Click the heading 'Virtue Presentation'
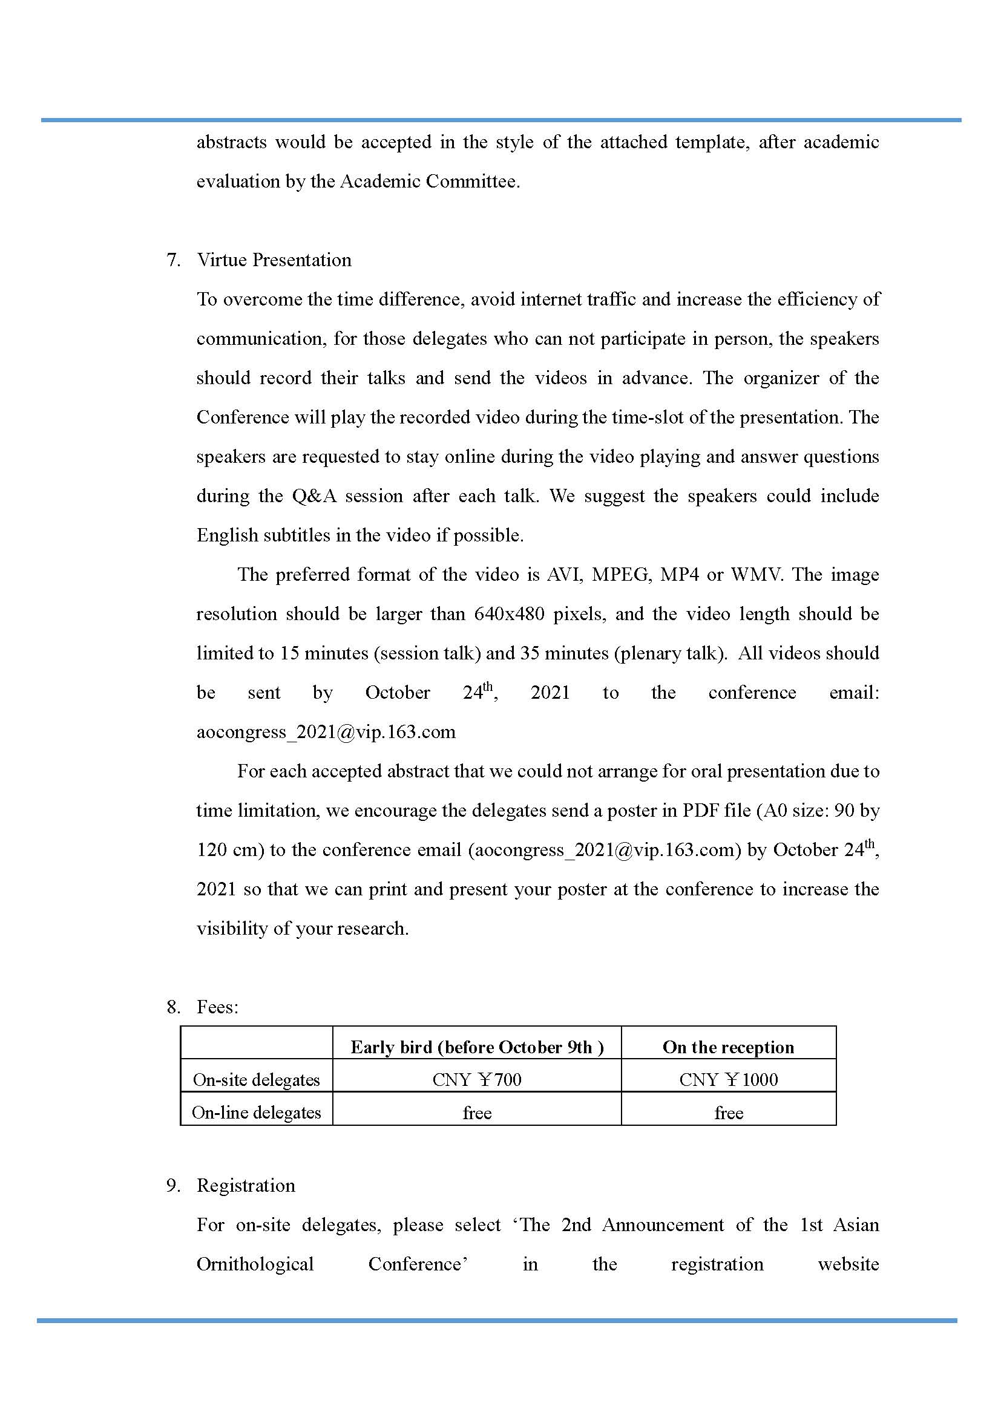coord(274,260)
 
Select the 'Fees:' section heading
coord(217,1007)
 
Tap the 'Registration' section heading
coord(245,1185)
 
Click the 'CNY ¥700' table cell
coord(476,1080)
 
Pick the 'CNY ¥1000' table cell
coord(728,1080)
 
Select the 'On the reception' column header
coord(728,1047)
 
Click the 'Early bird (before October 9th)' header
coord(476,1047)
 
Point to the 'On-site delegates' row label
coord(257,1080)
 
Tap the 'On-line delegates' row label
coord(257,1113)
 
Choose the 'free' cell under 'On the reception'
coord(728,1113)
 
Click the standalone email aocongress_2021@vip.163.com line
coord(326,732)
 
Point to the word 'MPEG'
coord(620,574)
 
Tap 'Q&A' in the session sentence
coord(314,496)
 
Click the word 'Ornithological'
coord(255,1264)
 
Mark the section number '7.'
coord(173,260)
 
